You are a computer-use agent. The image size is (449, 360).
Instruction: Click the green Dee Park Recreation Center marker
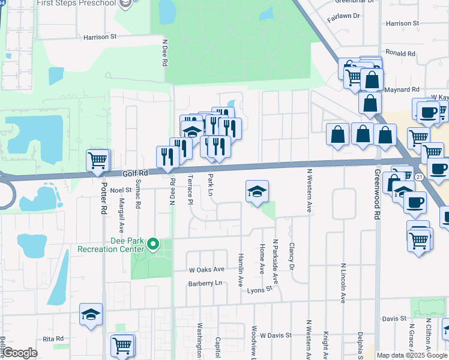[x=153, y=244]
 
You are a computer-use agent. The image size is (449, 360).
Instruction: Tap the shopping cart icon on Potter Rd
[x=98, y=160]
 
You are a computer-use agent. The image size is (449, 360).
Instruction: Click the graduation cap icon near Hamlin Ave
[x=257, y=191]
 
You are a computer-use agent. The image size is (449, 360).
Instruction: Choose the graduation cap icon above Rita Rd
[x=91, y=314]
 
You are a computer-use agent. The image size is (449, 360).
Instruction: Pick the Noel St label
[x=120, y=190]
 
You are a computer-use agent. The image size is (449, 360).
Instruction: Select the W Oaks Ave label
[x=206, y=269]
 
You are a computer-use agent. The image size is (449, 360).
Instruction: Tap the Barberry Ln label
[x=205, y=283]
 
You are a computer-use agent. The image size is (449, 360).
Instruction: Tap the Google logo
[x=20, y=353]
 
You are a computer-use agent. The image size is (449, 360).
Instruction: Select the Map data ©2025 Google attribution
[x=412, y=355]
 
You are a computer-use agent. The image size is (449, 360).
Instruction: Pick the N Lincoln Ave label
[x=344, y=283]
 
